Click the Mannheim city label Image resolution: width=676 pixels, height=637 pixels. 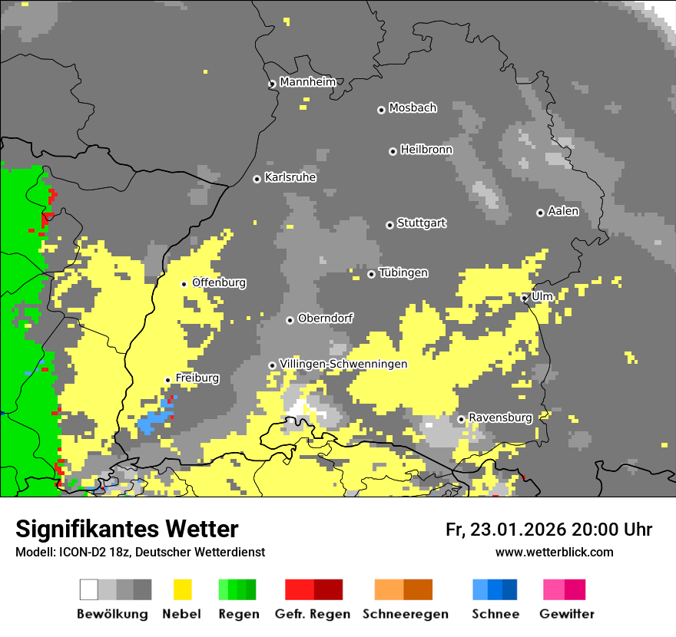coord(307,82)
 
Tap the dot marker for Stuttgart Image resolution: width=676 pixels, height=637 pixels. coord(389,225)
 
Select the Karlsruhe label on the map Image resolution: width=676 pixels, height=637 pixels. coord(290,177)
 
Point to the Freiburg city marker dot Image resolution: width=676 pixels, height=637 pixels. coord(167,380)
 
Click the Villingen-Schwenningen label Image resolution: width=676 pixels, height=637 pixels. coord(343,364)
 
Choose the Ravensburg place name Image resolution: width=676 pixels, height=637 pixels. coord(500,418)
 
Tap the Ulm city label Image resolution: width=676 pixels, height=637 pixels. coord(542,296)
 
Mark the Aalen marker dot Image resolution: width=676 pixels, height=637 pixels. coord(540,213)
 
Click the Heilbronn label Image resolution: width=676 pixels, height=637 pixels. coord(426,150)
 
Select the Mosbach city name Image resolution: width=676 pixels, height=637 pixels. coord(413,108)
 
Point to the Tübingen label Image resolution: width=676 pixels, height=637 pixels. coord(403,273)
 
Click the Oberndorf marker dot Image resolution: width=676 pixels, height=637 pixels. coord(290,320)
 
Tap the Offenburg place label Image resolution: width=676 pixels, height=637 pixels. coord(219,282)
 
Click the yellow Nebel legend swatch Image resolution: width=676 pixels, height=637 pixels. coord(182,589)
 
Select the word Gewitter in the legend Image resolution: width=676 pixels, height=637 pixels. coord(567,614)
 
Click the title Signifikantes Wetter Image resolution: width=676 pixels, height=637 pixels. coord(127,529)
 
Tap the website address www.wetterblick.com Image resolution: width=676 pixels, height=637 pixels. coord(554,552)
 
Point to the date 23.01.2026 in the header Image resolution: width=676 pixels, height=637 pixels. coord(518,530)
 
